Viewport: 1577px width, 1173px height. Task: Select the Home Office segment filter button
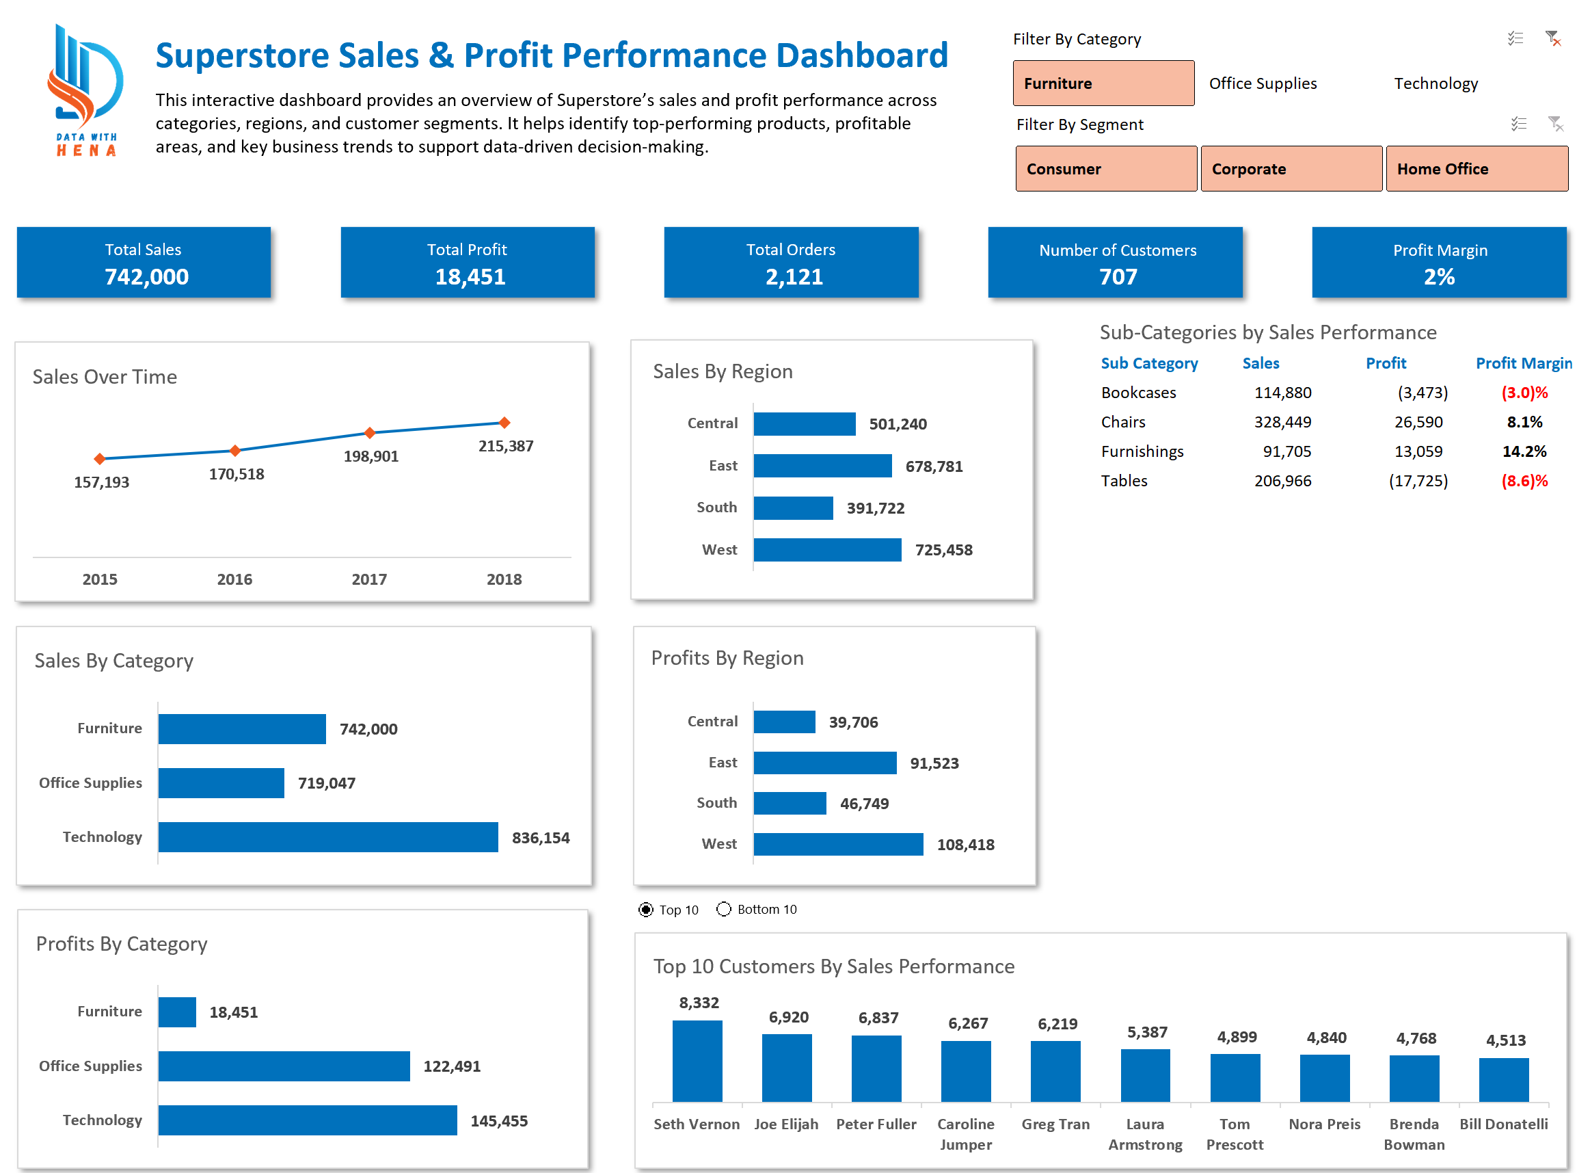coord(1477,169)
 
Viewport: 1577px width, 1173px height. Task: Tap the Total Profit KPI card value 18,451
coord(470,276)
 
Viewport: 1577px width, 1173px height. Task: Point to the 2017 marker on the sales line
coord(369,432)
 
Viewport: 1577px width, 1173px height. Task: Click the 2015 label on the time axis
coord(100,579)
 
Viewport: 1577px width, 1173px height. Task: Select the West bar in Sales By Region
coord(827,550)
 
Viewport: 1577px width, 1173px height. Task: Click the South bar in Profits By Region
coord(790,803)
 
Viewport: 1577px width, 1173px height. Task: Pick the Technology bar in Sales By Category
coord(328,837)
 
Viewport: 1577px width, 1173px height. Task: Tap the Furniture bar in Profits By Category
coord(177,1012)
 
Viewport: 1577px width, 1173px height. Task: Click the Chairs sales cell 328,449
coord(1282,423)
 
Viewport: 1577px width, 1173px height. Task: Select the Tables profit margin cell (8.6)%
coord(1523,482)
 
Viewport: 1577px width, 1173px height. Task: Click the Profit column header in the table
coord(1385,364)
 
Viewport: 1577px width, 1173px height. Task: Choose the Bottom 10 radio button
coord(723,910)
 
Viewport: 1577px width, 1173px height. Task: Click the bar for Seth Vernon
coord(697,1062)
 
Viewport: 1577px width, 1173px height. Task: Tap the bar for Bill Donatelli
coord(1503,1080)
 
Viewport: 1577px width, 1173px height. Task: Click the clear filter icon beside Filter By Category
coord(1552,38)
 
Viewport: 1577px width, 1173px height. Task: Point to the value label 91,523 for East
coord(934,763)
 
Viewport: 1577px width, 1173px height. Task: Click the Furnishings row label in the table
coord(1142,451)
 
